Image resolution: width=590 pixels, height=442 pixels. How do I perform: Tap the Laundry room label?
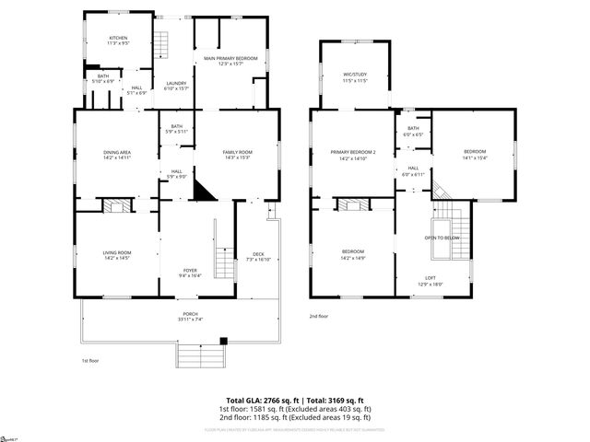176,85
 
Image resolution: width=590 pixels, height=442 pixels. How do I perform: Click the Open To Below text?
442,238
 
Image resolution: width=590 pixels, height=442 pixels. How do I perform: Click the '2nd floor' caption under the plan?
319,316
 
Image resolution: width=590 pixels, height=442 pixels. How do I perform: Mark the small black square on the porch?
223,340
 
